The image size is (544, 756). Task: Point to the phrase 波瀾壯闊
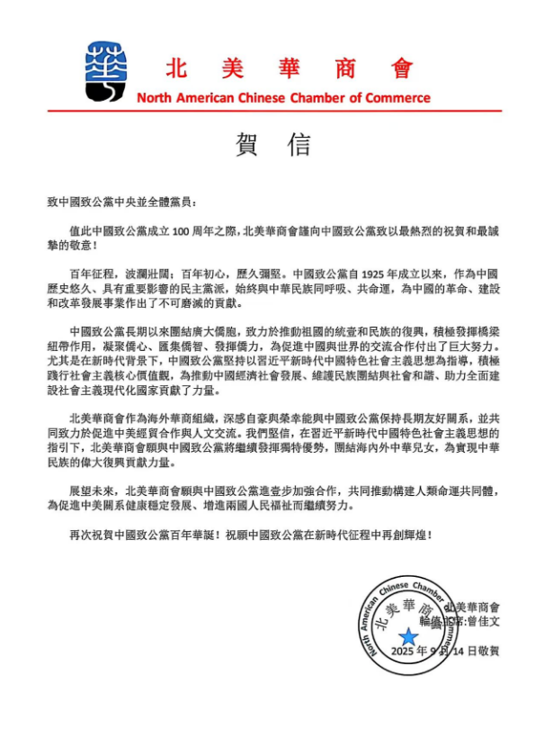pyautogui.click(x=144, y=272)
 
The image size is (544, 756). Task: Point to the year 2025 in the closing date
pyautogui.click(x=407, y=651)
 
